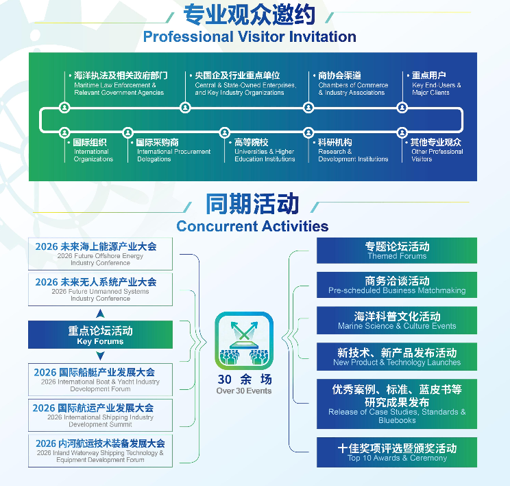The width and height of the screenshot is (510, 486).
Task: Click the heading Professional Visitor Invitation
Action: [x=250, y=36]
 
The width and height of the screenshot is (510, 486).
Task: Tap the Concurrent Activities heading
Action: [x=252, y=226]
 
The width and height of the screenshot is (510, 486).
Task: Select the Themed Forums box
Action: [x=397, y=251]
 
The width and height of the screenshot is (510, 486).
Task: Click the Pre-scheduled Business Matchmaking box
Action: [x=397, y=285]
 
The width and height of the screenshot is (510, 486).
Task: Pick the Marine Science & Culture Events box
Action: [x=397, y=321]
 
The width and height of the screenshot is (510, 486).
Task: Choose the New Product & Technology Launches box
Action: [x=397, y=356]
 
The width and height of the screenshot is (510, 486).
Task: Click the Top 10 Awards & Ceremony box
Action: [x=397, y=452]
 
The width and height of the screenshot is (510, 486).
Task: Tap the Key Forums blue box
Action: [x=100, y=335]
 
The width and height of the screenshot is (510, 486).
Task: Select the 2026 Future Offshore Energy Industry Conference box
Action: [x=100, y=253]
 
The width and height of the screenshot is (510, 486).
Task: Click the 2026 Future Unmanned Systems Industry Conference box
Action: [x=100, y=289]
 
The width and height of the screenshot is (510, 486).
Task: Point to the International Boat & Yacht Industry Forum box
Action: [x=100, y=380]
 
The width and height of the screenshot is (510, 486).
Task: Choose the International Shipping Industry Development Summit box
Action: [x=100, y=415]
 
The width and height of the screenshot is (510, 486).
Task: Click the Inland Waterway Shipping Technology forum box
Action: [x=100, y=451]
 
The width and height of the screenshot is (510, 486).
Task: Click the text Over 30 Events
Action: [x=244, y=391]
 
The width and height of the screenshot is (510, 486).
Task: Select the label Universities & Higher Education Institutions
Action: [x=264, y=151]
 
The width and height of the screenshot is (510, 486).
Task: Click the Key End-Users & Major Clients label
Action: [x=436, y=85]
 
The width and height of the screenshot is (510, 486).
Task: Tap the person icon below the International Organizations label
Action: [x=64, y=132]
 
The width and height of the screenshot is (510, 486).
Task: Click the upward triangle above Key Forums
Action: [x=100, y=314]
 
